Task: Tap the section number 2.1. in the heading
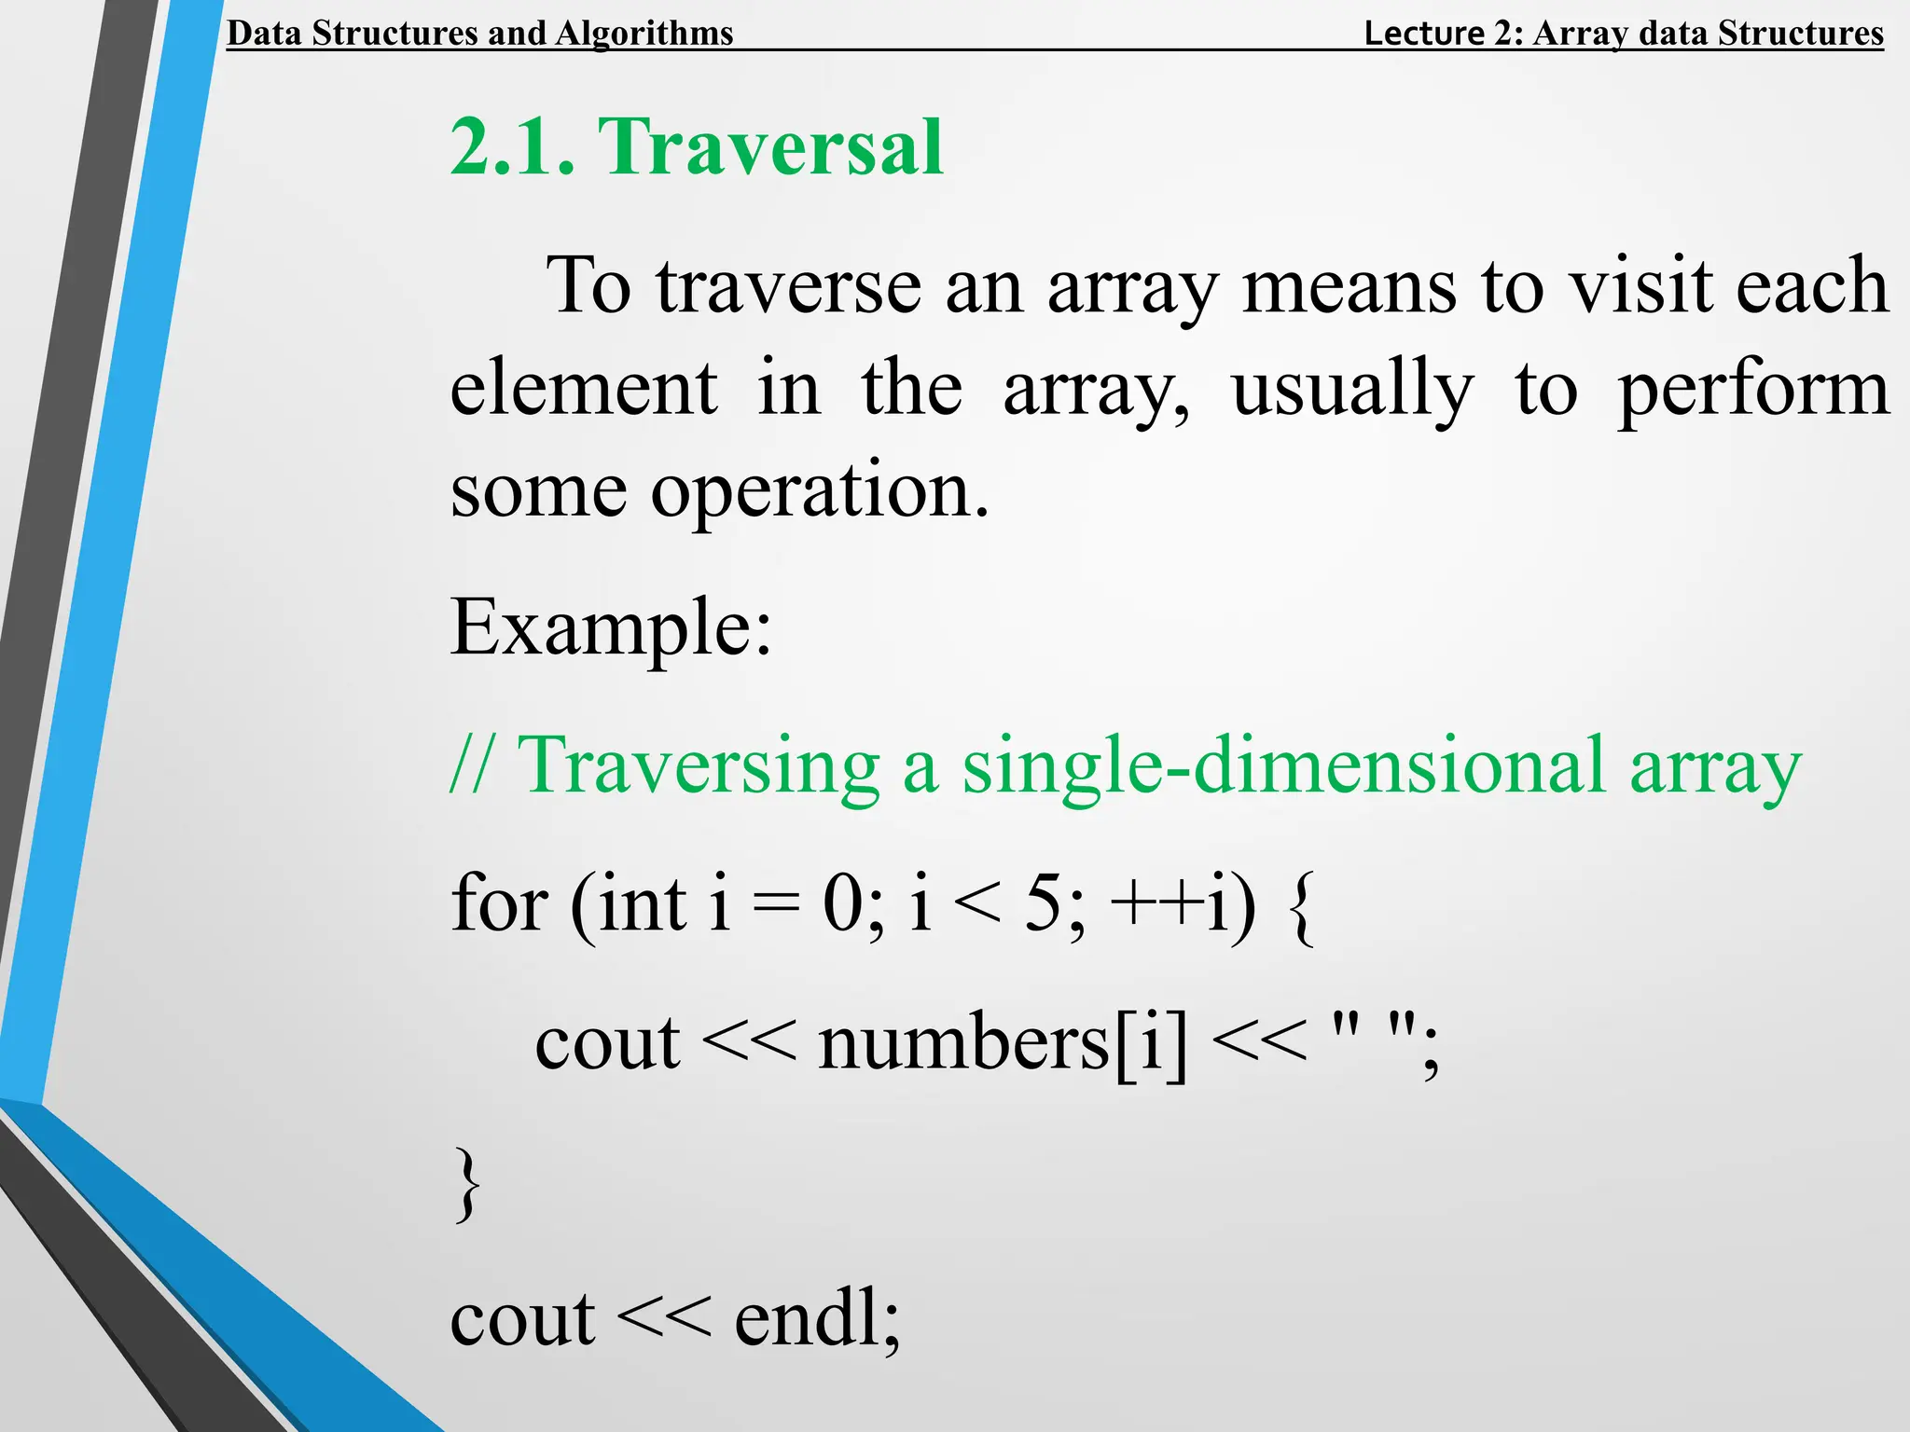[512, 147]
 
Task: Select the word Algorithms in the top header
[644, 34]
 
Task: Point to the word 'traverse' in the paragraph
[788, 286]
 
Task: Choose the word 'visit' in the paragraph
[1640, 284]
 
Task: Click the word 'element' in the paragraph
[584, 388]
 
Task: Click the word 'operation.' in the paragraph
[819, 491]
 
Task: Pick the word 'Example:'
[611, 628]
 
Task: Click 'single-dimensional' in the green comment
[1283, 766]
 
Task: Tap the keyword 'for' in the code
[499, 903]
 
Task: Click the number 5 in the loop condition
[1044, 903]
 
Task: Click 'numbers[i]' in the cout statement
[1003, 1042]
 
